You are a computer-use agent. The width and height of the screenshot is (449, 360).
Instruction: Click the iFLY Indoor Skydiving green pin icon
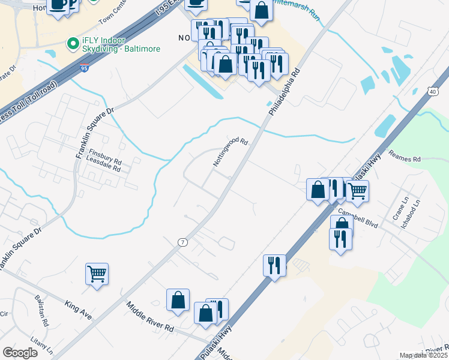click(x=73, y=44)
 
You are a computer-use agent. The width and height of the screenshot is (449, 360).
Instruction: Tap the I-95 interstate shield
click(x=85, y=69)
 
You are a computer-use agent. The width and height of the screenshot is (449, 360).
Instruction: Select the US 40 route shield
click(x=433, y=91)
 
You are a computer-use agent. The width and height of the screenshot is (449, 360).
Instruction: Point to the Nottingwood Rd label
click(x=231, y=152)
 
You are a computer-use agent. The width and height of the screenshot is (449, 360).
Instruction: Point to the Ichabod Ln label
click(x=419, y=209)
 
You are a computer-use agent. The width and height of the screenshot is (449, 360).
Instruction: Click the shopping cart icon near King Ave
click(x=97, y=274)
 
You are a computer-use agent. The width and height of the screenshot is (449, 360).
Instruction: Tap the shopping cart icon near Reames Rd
click(x=357, y=191)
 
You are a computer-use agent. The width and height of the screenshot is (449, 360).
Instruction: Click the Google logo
click(x=20, y=353)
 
